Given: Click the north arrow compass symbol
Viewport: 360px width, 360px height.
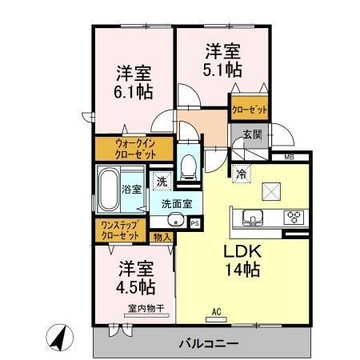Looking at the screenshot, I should [58, 336].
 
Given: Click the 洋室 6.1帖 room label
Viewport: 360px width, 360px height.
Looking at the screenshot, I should [131, 81].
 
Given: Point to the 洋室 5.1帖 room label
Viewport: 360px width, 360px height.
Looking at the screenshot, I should [222, 61].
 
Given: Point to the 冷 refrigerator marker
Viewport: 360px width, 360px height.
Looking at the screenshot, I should [241, 172].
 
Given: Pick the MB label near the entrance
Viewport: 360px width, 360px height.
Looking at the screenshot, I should [289, 158].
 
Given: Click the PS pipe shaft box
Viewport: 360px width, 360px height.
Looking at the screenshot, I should [194, 223].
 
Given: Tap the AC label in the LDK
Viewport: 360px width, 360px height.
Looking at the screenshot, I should [215, 310].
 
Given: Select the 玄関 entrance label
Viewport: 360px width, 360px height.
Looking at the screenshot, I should [251, 134].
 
